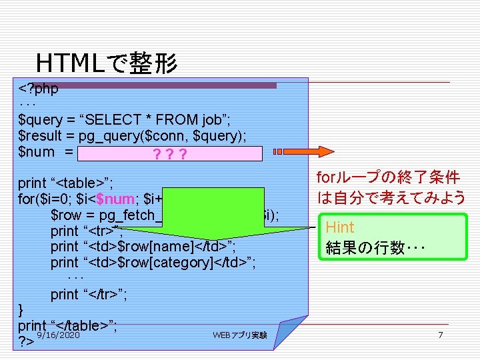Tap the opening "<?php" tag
[x=39, y=89]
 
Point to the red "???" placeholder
[x=169, y=154]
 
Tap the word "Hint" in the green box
[x=340, y=227]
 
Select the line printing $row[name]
[x=143, y=247]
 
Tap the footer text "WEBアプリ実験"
[x=240, y=335]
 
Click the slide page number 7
[x=440, y=335]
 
